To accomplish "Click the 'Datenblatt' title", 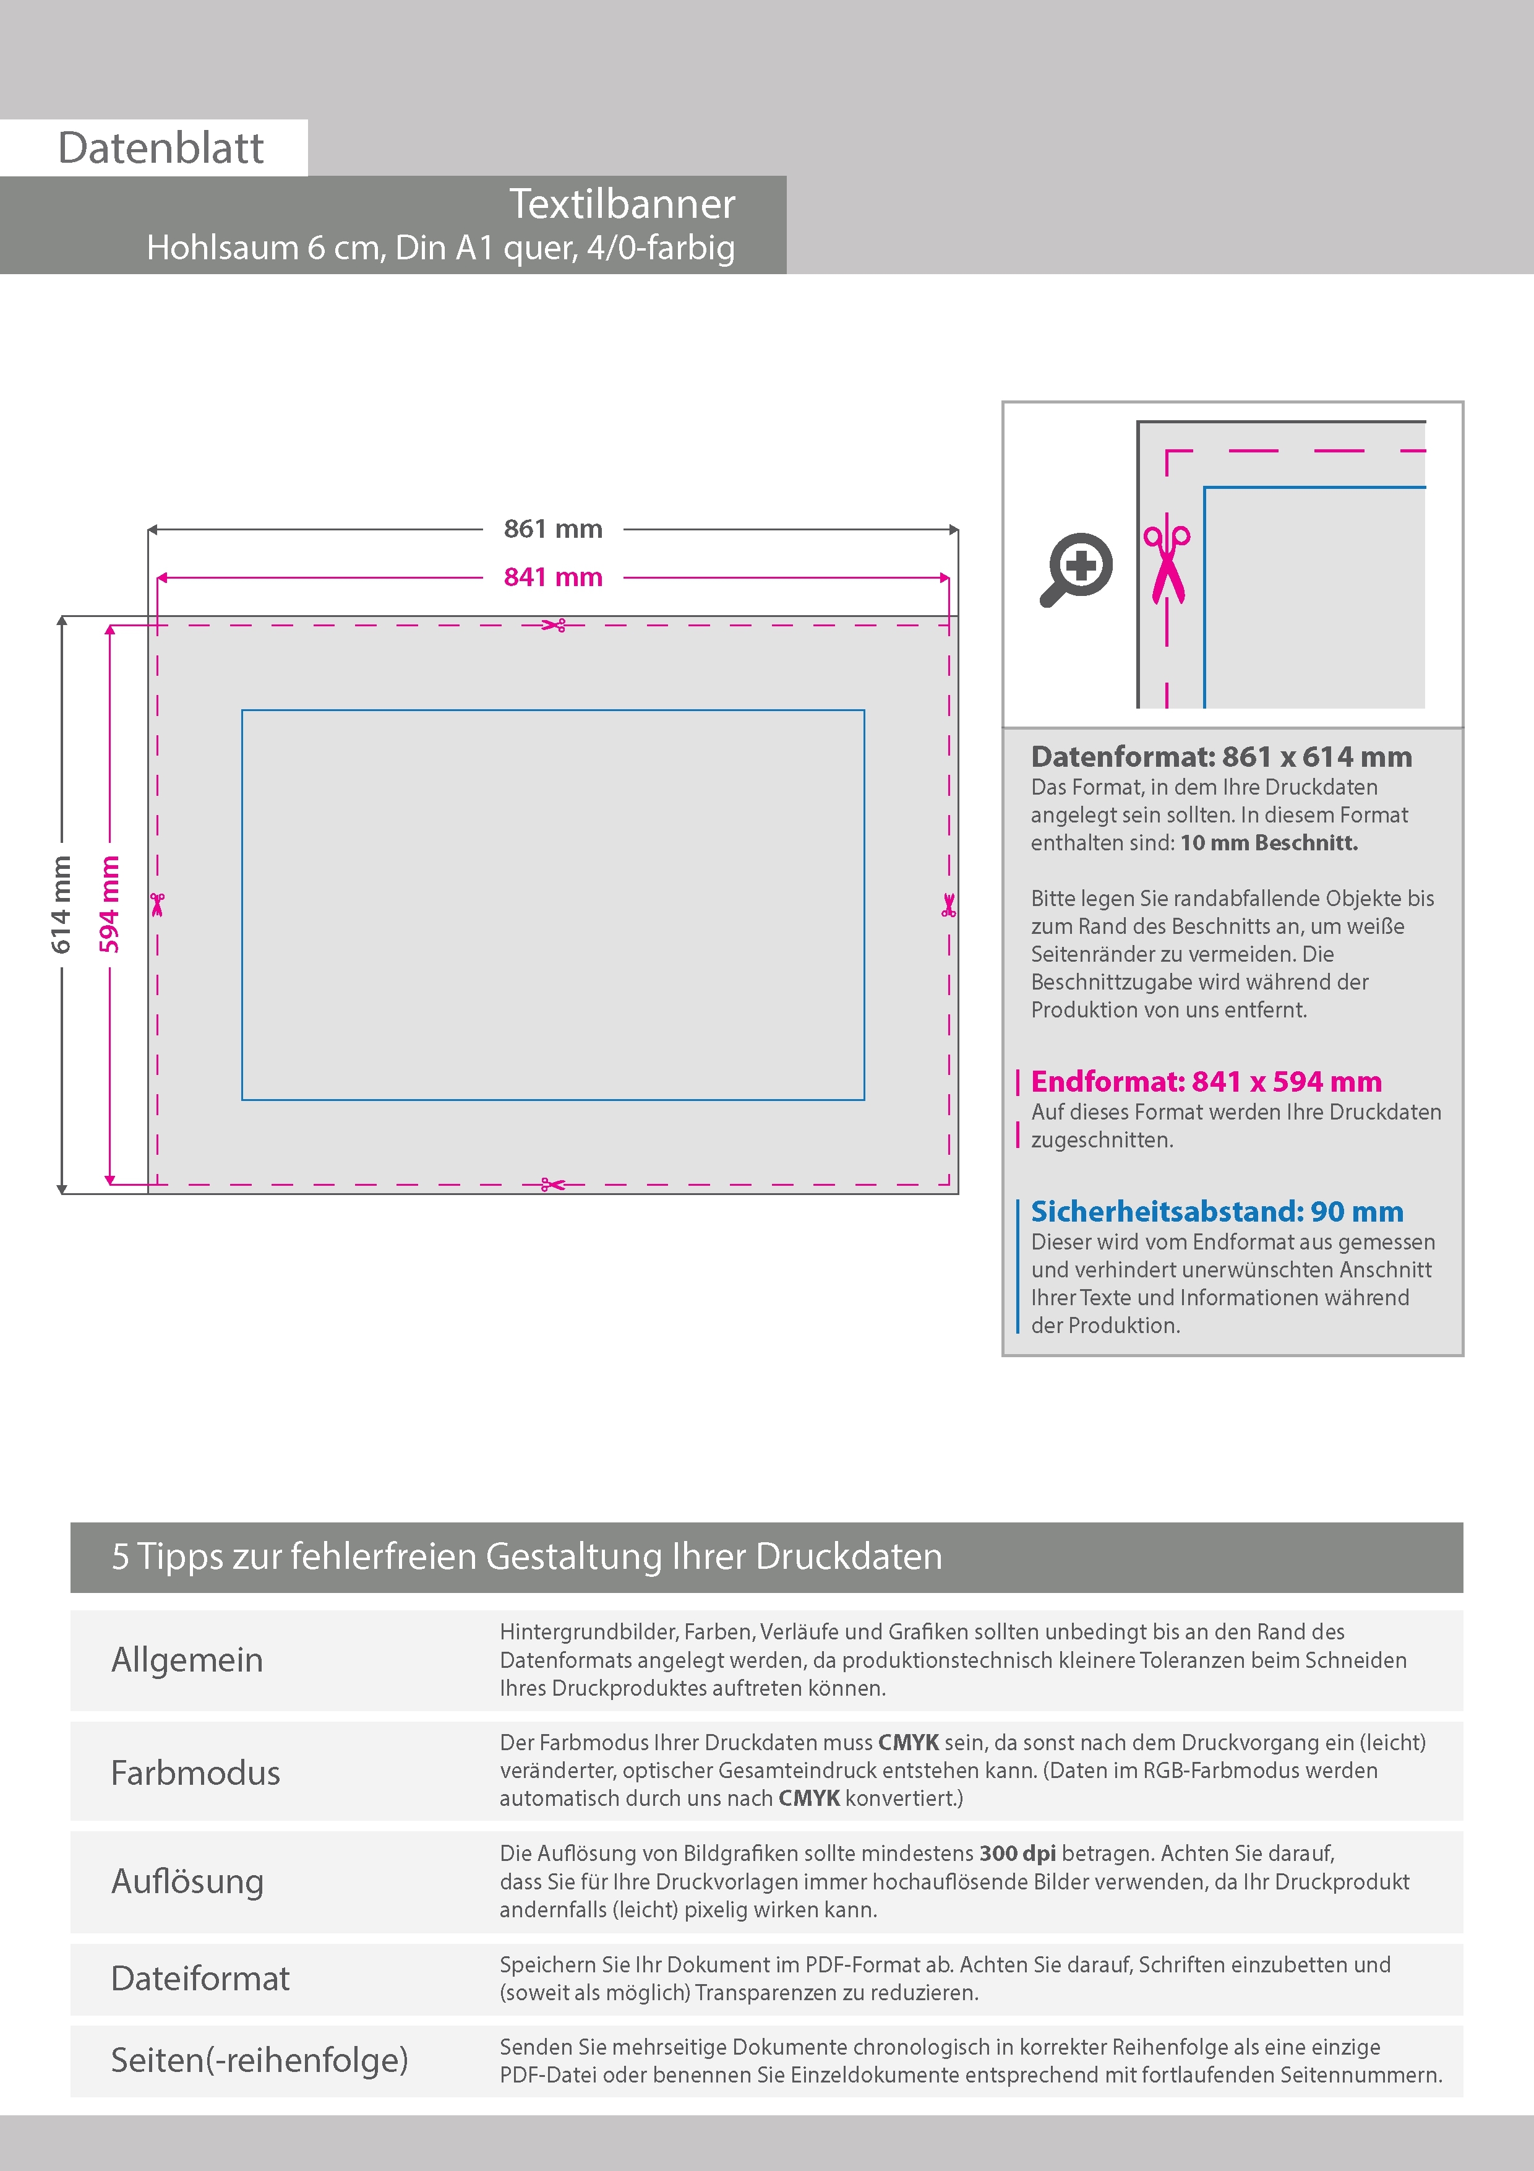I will tap(161, 149).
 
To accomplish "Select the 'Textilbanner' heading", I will tap(622, 204).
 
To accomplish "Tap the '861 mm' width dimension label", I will tap(553, 530).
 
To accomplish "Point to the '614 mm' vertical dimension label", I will tap(61, 905).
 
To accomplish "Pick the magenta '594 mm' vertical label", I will tap(109, 905).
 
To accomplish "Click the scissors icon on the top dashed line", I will tap(554, 625).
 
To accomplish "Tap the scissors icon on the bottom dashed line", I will tap(553, 1184).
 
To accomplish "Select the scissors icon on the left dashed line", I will tap(157, 905).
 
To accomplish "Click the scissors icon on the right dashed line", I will tap(949, 905).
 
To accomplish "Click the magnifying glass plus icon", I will tap(1078, 569).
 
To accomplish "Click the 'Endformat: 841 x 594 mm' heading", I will tap(1206, 1082).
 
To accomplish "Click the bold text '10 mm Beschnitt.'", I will tap(1269, 844).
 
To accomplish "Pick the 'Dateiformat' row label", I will tap(200, 1979).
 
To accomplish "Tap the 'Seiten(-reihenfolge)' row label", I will tap(259, 2060).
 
